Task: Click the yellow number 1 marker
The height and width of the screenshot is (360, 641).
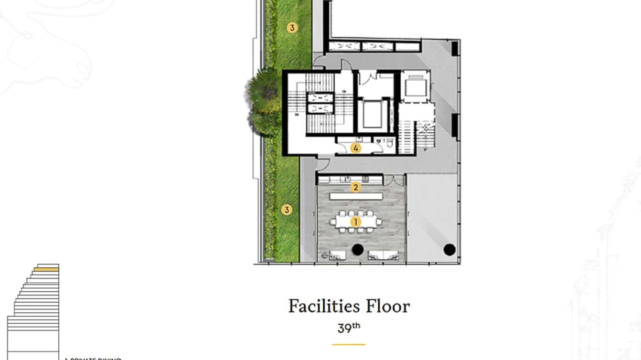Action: (355, 222)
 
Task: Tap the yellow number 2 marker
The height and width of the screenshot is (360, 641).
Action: (355, 187)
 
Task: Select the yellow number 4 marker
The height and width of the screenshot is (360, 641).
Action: (355, 148)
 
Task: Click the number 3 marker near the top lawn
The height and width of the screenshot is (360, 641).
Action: (292, 28)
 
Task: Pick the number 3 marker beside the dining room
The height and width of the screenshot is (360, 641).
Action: (287, 210)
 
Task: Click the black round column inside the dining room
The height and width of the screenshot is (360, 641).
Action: (357, 249)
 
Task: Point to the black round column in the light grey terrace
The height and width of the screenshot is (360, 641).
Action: (449, 249)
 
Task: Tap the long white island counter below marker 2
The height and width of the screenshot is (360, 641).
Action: (356, 196)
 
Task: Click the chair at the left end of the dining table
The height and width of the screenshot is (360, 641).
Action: (332, 222)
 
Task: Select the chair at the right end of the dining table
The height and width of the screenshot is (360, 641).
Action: (379, 222)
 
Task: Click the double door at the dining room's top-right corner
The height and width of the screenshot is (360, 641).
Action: (395, 180)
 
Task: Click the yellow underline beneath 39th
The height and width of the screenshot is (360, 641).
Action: (348, 344)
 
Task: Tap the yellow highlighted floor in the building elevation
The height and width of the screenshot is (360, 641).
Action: (46, 270)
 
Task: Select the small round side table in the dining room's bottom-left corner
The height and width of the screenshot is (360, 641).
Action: (324, 255)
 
